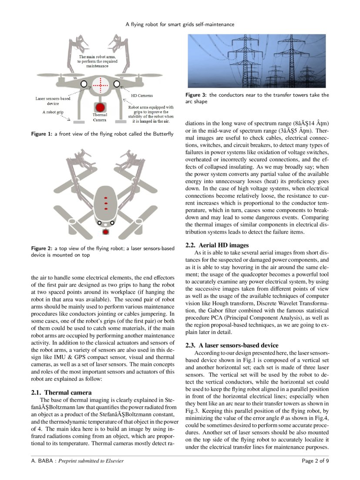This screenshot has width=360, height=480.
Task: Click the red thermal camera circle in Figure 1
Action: [100, 108]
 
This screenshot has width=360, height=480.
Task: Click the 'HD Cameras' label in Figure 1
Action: [142, 95]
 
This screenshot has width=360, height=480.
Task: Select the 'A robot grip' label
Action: [54, 112]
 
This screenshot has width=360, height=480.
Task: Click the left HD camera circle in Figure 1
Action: [84, 83]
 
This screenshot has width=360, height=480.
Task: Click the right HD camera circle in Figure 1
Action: [117, 83]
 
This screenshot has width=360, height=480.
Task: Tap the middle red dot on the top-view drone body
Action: [105, 203]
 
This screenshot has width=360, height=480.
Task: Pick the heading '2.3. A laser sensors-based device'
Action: [232, 345]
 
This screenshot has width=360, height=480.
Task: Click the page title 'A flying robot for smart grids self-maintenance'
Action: [180, 24]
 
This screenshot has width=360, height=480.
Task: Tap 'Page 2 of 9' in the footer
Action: [316, 460]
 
